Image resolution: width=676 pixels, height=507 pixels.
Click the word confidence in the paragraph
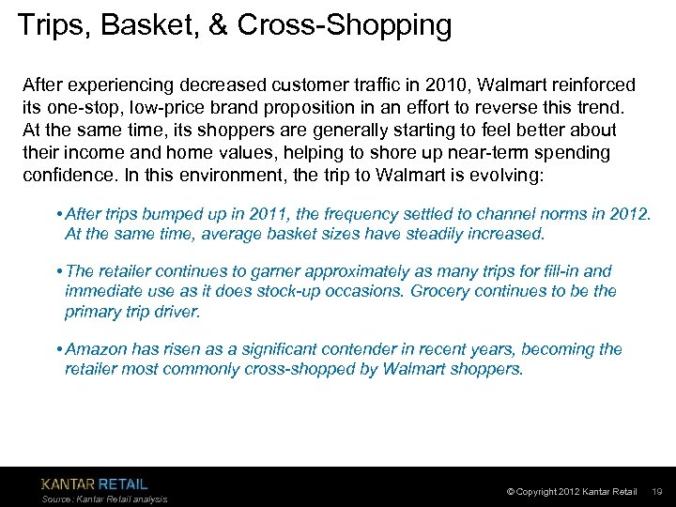[x=65, y=175]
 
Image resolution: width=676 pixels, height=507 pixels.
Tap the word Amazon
[x=99, y=349]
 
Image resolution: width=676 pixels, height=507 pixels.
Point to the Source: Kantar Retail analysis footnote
[x=104, y=499]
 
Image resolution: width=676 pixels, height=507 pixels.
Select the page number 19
[x=657, y=492]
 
